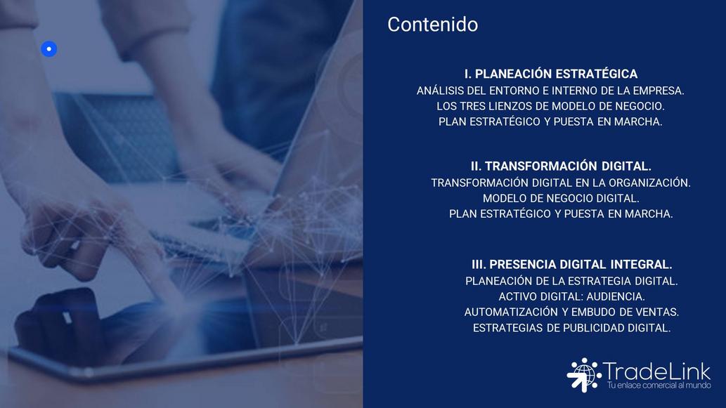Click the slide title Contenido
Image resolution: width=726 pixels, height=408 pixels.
432,25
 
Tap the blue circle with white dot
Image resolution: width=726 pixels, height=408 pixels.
49,49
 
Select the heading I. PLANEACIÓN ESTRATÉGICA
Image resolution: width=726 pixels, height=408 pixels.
551,74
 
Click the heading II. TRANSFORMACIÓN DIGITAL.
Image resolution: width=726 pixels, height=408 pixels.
561,166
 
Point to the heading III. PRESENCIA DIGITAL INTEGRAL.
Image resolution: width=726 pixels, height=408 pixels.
572,265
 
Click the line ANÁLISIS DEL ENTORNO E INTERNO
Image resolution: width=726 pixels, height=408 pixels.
550,91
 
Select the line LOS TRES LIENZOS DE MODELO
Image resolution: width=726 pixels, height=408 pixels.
550,106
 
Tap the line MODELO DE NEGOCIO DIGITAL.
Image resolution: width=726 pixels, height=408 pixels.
561,199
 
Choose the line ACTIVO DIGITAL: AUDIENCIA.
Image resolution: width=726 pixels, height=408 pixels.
572,296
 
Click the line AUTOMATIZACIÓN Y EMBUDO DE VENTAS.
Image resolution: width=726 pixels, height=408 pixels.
572,312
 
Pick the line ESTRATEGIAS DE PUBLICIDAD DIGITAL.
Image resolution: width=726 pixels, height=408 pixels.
572,328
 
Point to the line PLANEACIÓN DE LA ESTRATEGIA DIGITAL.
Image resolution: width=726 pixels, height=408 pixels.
572,282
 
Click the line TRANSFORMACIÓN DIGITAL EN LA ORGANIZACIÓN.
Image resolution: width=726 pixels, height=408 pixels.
561,183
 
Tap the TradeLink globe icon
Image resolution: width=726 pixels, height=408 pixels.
584,375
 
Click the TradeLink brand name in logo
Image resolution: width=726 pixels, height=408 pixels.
657,371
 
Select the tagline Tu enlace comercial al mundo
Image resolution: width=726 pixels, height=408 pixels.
659,386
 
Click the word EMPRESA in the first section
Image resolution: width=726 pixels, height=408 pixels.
659,91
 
